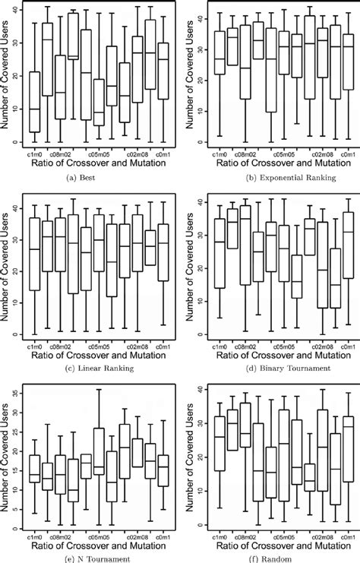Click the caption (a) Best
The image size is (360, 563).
point(90,178)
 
